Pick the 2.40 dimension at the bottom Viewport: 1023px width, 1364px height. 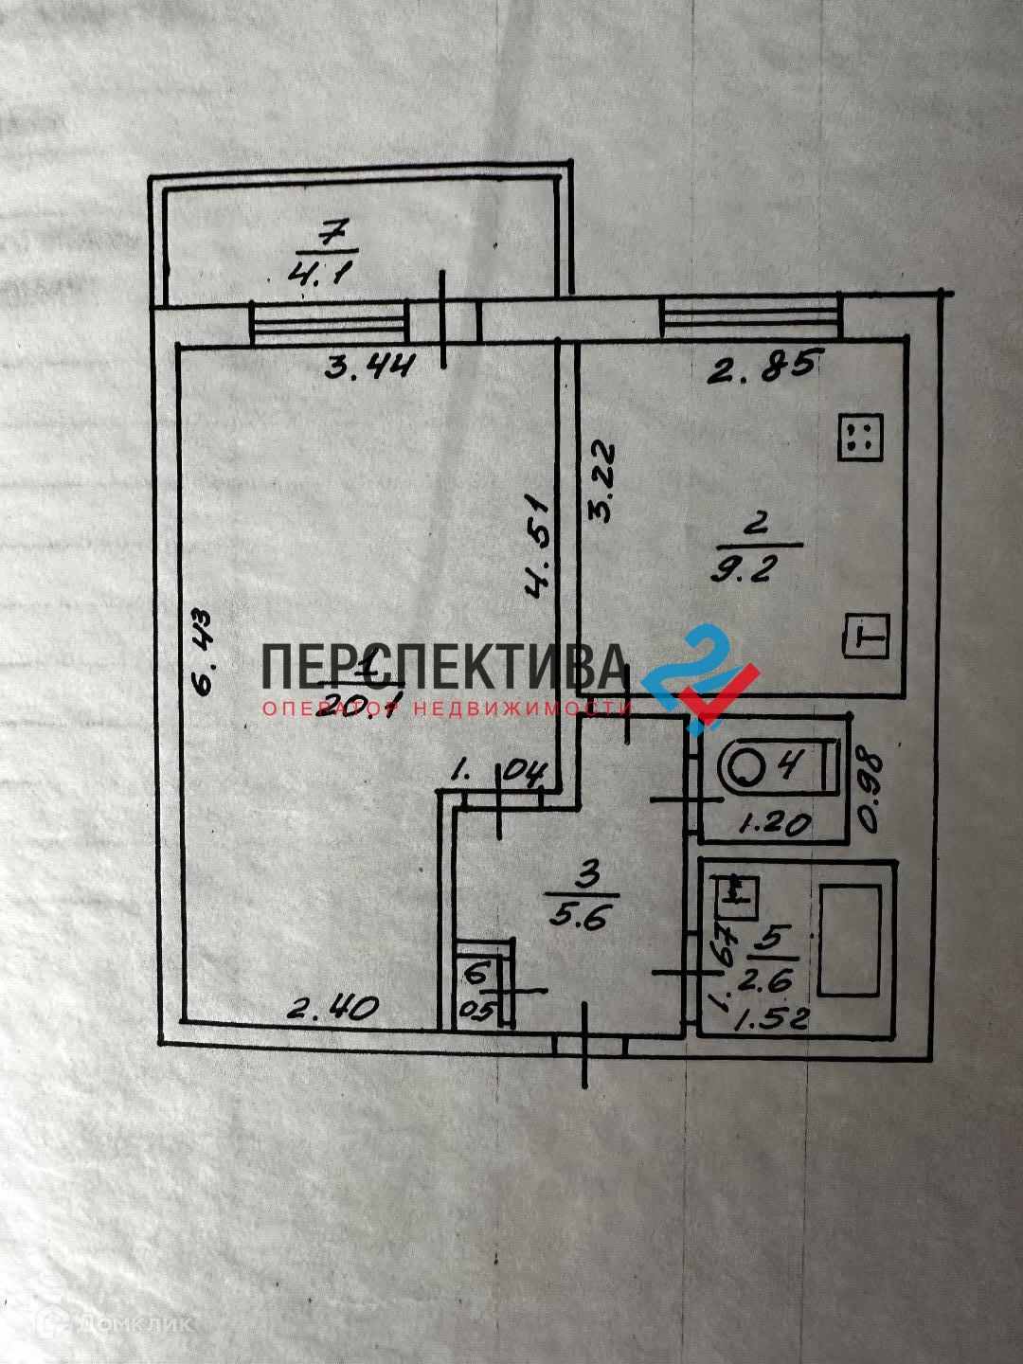click(332, 1009)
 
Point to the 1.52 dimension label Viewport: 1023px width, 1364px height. click(773, 1018)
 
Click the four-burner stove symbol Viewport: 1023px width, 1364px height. click(860, 439)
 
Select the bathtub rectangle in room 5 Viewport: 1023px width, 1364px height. click(851, 940)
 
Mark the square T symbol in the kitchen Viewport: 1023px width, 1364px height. click(866, 635)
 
